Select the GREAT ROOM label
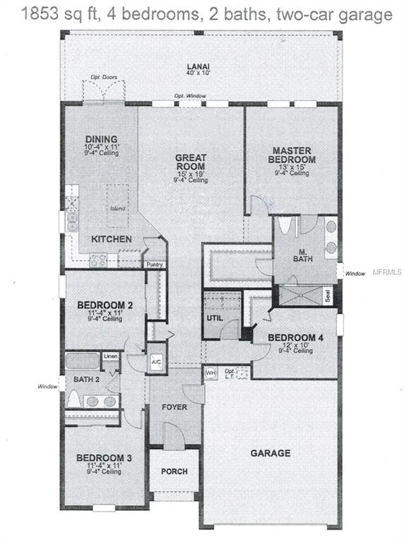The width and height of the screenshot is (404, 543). (x=191, y=162)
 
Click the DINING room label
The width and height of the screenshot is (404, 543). (x=101, y=139)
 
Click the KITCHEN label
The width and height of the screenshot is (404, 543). (x=111, y=240)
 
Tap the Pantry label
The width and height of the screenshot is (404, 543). (x=155, y=265)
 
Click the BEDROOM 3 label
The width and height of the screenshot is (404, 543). (x=103, y=457)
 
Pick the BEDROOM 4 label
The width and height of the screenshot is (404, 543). (x=296, y=337)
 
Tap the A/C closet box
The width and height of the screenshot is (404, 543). (x=156, y=362)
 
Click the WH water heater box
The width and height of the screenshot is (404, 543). (x=210, y=372)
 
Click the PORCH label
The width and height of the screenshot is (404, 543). (x=174, y=472)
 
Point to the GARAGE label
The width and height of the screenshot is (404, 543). (x=271, y=453)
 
